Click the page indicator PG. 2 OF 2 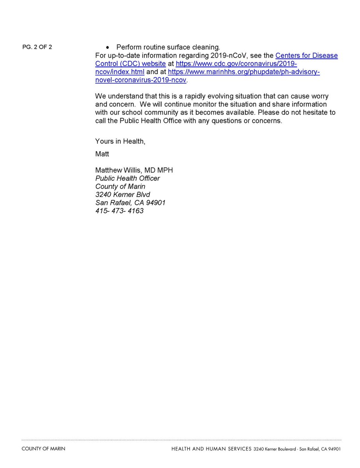[x=37, y=47]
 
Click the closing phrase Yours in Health [x=120, y=141]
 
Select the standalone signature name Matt [x=102, y=154]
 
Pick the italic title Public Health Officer [x=128, y=178]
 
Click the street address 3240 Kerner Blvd [x=122, y=195]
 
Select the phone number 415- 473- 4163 [x=119, y=211]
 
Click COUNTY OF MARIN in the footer [x=43, y=449]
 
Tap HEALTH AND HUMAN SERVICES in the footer [x=211, y=449]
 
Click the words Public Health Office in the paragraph [x=149, y=121]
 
